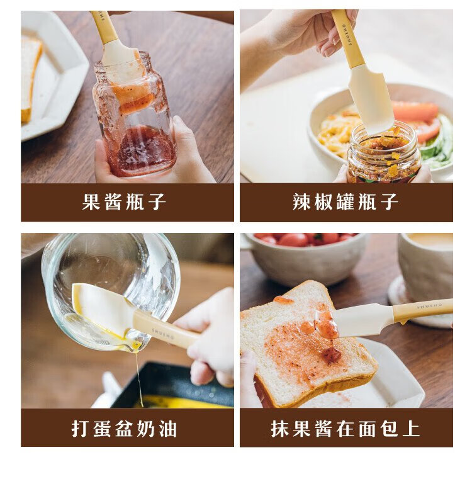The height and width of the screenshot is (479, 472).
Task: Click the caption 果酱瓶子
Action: point(124,202)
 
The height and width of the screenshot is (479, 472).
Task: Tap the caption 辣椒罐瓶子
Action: point(346,202)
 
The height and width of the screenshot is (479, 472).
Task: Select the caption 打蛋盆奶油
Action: point(124,429)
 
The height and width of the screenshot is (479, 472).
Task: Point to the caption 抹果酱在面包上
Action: point(346,429)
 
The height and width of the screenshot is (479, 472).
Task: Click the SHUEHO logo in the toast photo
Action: point(430,305)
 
